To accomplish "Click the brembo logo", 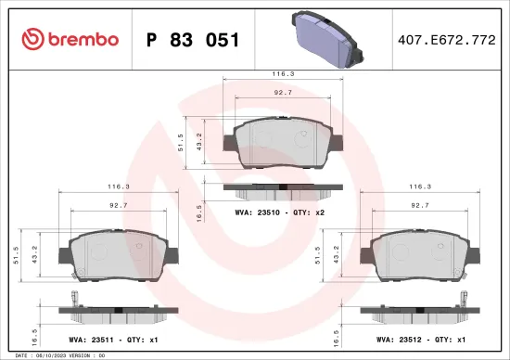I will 70,39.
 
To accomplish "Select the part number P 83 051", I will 194,40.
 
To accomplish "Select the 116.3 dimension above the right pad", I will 420,186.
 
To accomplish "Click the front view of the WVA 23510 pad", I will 284,144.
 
